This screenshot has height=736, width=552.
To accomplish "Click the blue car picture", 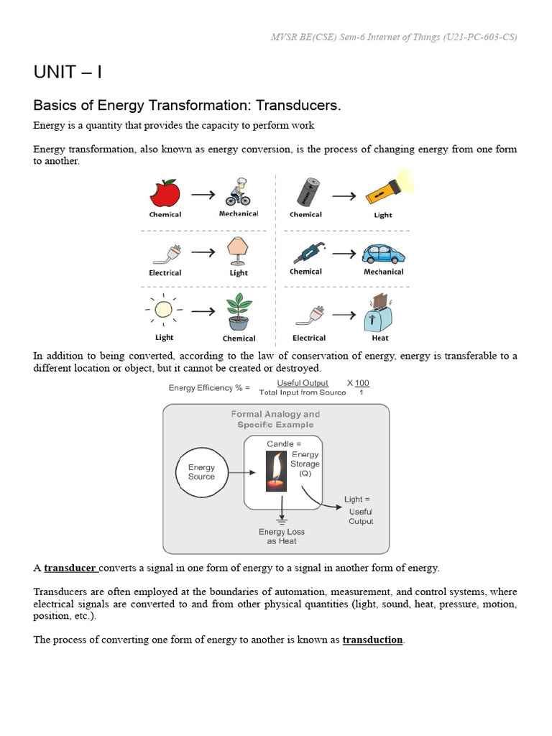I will [x=383, y=253].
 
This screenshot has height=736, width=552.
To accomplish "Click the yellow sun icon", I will [x=165, y=310].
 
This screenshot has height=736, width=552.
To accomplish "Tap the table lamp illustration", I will [x=238, y=250].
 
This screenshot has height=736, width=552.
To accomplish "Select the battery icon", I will [x=307, y=192].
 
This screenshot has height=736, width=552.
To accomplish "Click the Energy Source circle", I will [x=201, y=472].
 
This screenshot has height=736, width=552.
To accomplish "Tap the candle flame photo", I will [x=276, y=471].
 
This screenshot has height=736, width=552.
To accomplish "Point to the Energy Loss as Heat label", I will [x=282, y=536].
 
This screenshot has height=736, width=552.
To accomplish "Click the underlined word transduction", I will [x=372, y=640].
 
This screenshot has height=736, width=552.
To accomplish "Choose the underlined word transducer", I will [x=70, y=568].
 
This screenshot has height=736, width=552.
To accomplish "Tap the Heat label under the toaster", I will [x=381, y=338].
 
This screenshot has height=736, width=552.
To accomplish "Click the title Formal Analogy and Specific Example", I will [x=276, y=419].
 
